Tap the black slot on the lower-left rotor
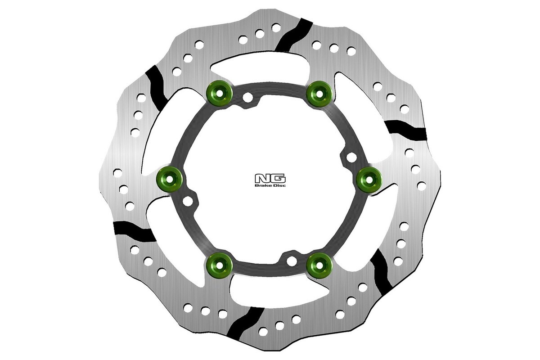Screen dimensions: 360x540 [x=134, y=231]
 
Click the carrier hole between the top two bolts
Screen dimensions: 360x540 [x=247, y=97]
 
